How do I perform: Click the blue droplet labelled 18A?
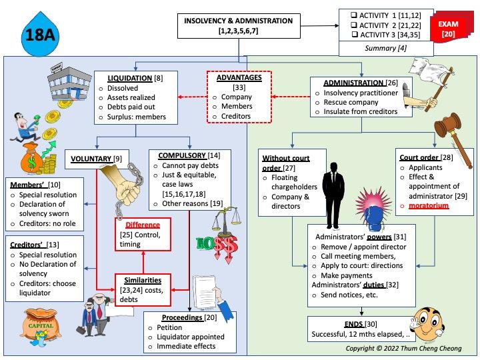tap(38, 35)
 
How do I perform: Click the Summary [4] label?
tap(385, 47)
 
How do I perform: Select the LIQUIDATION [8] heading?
tap(131, 79)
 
